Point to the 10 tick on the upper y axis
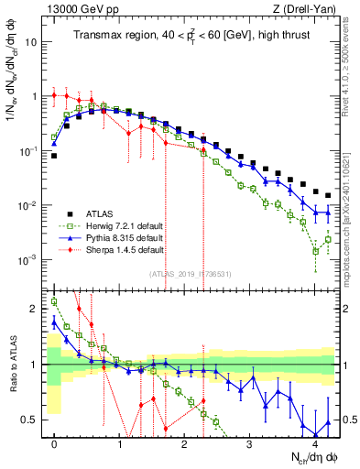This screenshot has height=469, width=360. pyautogui.click(x=33, y=42)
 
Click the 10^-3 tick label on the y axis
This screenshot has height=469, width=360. pyautogui.click(x=29, y=259)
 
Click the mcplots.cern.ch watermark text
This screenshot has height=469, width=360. pyautogui.click(x=352, y=211)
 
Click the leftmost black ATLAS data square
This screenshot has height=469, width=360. pyautogui.click(x=55, y=156)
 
